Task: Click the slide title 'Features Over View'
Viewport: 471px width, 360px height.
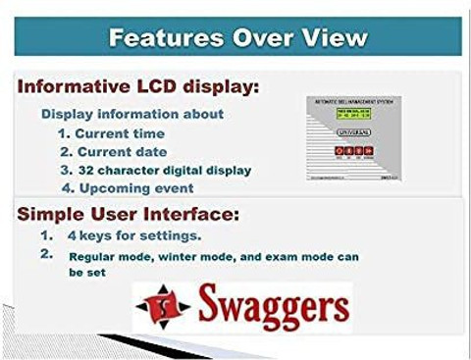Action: tap(237, 38)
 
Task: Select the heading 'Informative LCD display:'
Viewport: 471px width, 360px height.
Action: tap(138, 87)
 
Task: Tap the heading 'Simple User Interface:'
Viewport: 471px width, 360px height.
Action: tap(128, 213)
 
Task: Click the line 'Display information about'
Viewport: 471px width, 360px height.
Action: tap(131, 114)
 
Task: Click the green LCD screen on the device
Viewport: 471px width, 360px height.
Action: tap(352, 120)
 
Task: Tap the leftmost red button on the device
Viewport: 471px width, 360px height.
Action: tap(339, 152)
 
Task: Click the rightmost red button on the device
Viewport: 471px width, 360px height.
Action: tap(371, 152)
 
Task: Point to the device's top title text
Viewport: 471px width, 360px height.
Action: tap(352, 103)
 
